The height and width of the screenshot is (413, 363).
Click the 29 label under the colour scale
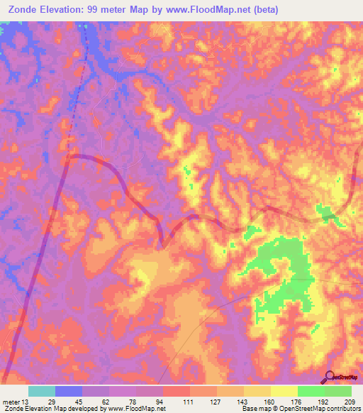click(52, 402)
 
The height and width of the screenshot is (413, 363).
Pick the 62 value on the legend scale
click(106, 402)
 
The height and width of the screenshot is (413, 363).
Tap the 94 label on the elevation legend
click(160, 402)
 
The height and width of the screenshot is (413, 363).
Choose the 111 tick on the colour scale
click(187, 402)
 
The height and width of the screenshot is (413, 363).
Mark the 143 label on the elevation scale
click(241, 402)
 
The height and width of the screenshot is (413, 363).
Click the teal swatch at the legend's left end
click(42, 391)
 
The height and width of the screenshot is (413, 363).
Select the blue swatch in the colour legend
click(69, 391)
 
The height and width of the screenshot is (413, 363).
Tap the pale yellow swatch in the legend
click(284, 391)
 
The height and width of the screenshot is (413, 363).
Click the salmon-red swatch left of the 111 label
click(177, 391)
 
